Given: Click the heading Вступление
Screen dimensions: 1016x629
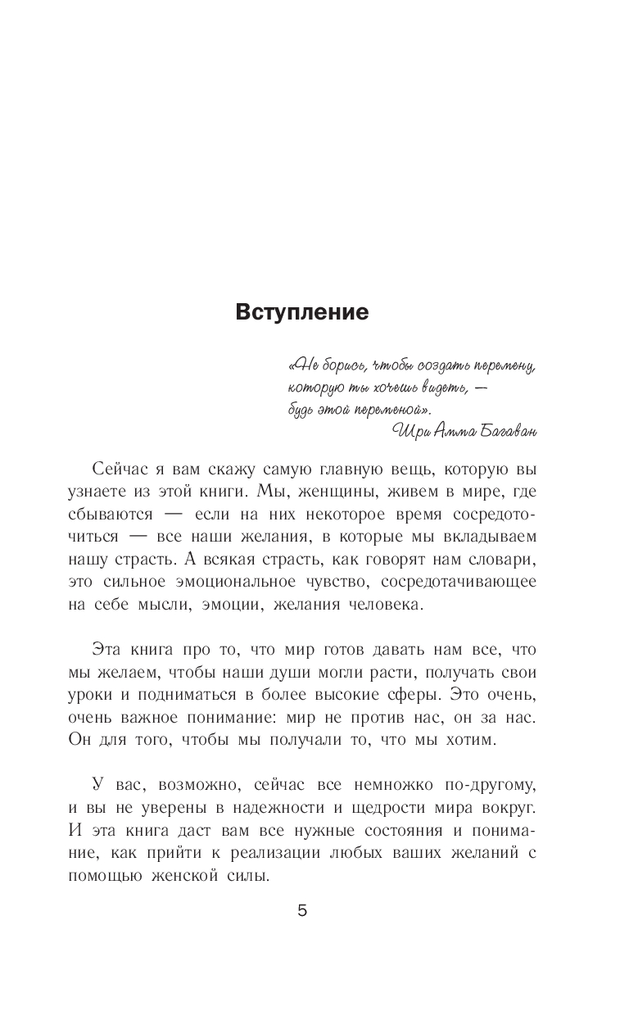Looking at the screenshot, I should (x=302, y=312).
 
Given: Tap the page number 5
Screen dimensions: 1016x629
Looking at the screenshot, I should (x=302, y=911).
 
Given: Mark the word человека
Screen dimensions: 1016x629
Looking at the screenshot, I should (x=382, y=605).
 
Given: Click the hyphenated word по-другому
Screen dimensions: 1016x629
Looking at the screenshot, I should (x=489, y=786).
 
